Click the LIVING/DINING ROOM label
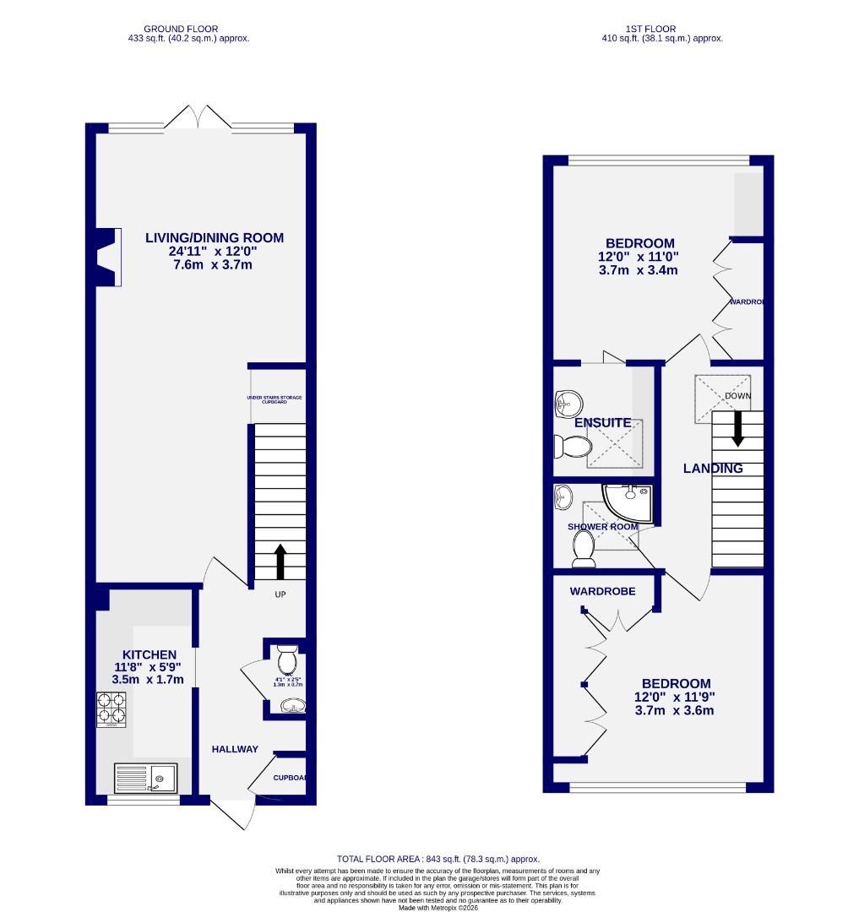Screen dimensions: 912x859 coord(214,238)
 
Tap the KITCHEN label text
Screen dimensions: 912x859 coord(150,654)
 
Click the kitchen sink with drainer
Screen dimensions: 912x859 coord(145,777)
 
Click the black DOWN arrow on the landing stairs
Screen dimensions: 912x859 coord(737,427)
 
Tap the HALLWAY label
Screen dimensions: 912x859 coord(235,749)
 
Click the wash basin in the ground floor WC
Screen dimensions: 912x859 coord(293,704)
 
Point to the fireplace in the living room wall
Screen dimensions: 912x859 coord(107,256)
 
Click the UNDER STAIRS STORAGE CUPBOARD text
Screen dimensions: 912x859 coord(275,399)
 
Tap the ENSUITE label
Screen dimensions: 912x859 coord(602,422)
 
